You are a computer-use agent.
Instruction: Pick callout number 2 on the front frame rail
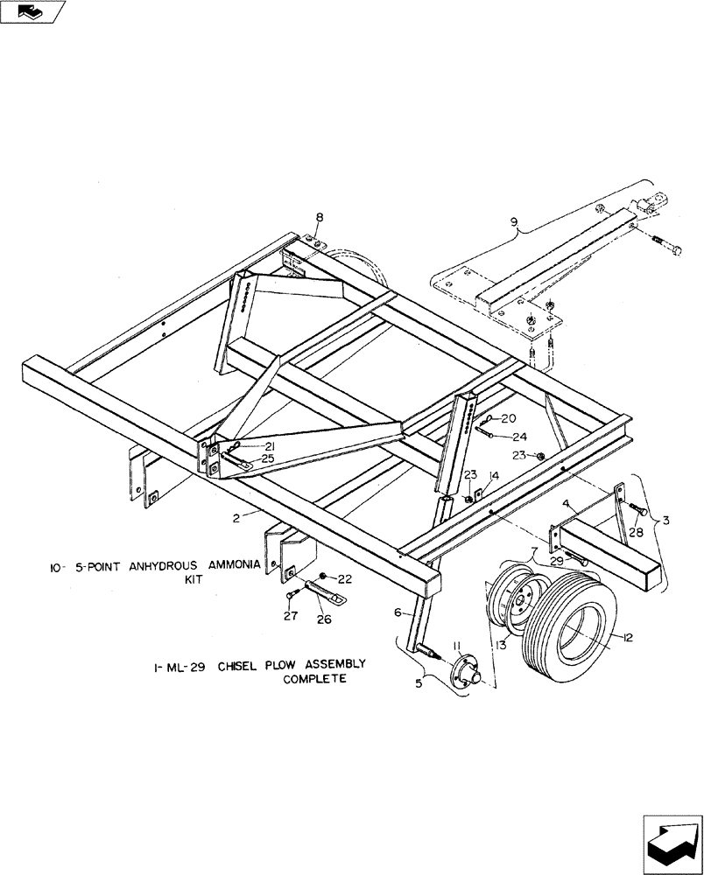(x=236, y=519)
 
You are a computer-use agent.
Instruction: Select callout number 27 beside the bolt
(x=291, y=616)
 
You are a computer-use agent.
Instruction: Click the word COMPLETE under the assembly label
(x=314, y=679)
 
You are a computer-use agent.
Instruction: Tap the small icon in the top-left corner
(x=32, y=11)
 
